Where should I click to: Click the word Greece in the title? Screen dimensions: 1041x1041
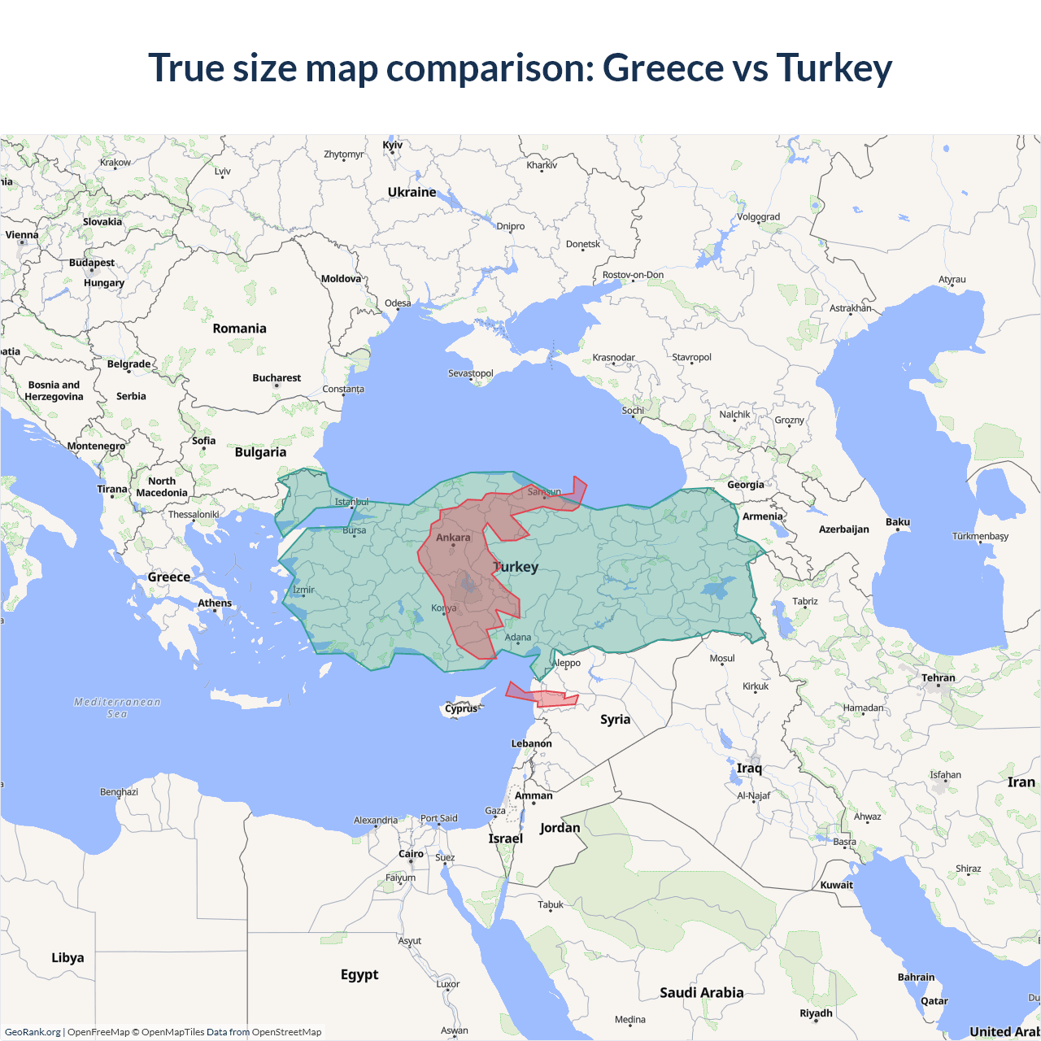663,68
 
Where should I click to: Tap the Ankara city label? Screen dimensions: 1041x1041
453,538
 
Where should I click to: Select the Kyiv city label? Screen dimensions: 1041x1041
393,146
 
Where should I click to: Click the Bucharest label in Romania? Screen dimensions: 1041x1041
277,378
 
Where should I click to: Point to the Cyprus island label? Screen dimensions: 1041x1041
461,708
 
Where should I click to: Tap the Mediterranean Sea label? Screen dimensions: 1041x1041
117,708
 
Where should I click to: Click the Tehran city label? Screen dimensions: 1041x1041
938,677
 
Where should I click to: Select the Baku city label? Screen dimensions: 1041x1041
898,522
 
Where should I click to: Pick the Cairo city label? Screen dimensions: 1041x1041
411,854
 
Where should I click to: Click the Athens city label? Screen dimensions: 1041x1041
215,603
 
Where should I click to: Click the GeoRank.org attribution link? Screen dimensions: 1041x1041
33,1032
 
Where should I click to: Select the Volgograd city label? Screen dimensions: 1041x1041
758,217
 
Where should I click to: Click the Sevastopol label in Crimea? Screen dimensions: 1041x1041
471,373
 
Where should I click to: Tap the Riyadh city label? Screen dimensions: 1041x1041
816,1013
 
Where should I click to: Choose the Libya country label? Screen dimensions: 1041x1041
68,957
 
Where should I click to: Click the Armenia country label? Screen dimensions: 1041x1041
762,516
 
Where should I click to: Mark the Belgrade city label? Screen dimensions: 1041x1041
128,364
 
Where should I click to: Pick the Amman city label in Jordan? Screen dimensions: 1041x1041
534,795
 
